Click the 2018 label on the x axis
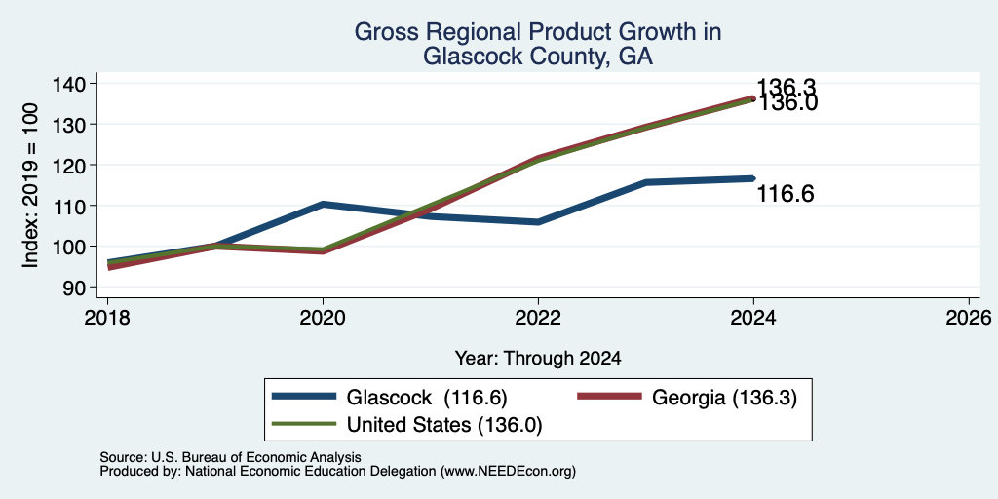[107, 317]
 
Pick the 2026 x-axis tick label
[969, 317]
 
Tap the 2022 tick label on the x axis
[538, 317]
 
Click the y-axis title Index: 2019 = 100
[30, 185]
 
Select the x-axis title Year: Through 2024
[538, 359]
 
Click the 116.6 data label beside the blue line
[785, 194]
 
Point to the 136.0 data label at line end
[787, 102]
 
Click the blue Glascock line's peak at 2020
[324, 204]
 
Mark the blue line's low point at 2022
[538, 222]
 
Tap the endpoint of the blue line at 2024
[753, 178]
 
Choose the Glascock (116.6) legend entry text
[427, 398]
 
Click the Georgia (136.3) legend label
[724, 398]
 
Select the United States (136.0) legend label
[444, 425]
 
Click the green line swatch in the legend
[304, 424]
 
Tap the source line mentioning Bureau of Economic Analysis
[230, 457]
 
